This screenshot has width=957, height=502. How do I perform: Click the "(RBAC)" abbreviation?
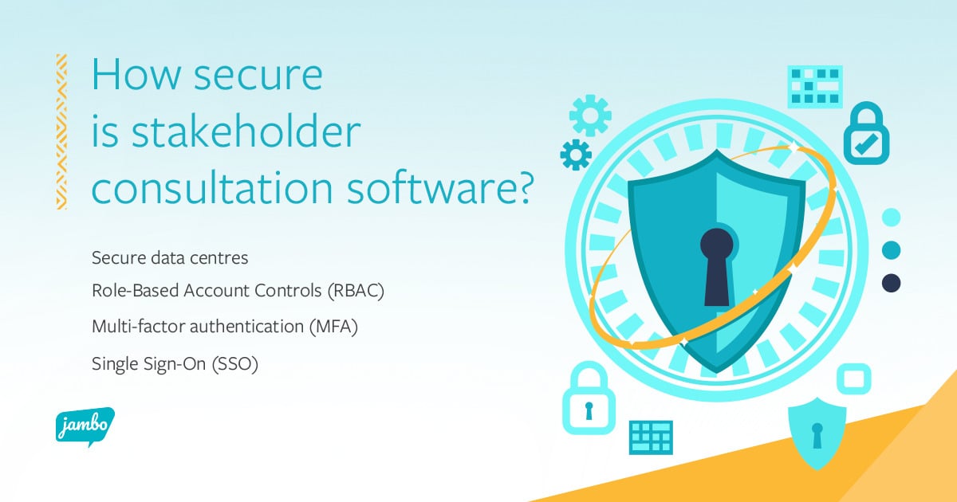click(x=355, y=292)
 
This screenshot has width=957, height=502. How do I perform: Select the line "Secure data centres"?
click(x=170, y=258)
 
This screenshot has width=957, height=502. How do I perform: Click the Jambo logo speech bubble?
click(x=85, y=427)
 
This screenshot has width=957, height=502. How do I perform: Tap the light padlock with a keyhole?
click(x=589, y=400)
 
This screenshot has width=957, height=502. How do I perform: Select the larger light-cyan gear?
click(x=590, y=116)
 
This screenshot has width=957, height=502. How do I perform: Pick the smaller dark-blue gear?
click(x=576, y=155)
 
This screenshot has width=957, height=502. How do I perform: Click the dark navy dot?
click(x=891, y=283)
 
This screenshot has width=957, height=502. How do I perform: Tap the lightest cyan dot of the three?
click(x=891, y=217)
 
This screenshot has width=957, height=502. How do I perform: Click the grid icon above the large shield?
click(x=815, y=87)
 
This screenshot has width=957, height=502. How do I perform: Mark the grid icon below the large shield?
click(x=651, y=437)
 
